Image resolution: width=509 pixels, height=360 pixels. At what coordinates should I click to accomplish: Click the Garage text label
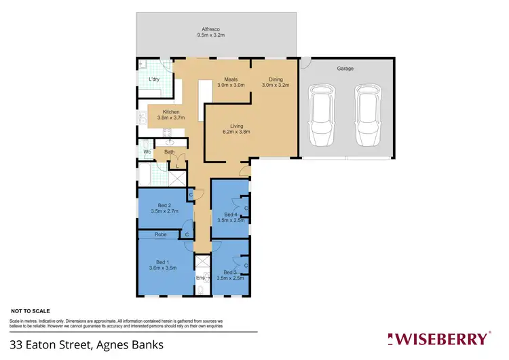pos(345,69)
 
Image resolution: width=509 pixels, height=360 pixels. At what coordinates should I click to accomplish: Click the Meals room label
pos(230,82)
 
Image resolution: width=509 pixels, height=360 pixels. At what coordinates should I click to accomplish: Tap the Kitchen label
pos(170,114)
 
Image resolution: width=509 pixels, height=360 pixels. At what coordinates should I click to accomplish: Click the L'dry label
pos(154,79)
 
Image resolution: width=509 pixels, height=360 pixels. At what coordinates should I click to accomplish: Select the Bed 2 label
pos(164,209)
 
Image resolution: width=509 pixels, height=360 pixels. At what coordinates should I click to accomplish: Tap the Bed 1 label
pos(162,265)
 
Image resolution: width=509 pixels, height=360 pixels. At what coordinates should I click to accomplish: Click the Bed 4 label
pos(231,217)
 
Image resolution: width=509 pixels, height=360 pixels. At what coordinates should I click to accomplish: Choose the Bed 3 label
pos(231,275)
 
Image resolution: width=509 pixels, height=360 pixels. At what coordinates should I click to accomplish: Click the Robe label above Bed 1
pos(161,234)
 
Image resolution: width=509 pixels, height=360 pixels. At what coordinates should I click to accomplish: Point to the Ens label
pos(200,278)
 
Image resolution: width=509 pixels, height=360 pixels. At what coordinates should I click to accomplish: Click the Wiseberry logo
pos(437,338)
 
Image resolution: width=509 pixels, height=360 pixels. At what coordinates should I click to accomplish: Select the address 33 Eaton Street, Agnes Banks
pos(86,344)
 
